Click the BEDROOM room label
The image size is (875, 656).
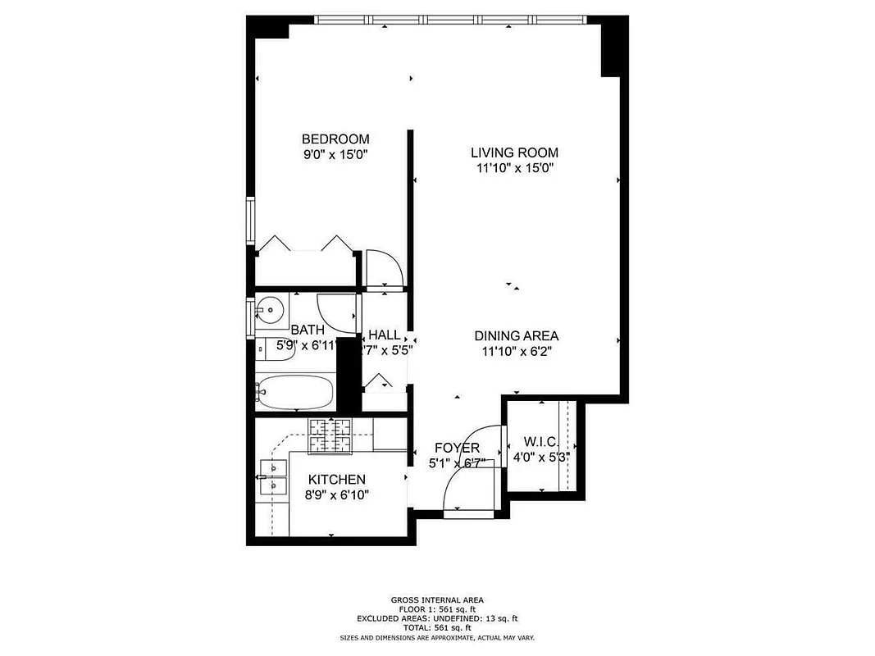335,139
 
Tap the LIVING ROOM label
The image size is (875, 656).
514,153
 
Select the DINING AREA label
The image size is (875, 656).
516,335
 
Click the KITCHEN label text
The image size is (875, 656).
336,479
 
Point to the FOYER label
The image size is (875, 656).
457,448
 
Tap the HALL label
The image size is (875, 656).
384,335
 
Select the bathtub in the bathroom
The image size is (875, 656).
295,393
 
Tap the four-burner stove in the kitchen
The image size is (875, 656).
330,435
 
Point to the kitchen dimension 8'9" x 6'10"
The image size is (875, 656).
336,494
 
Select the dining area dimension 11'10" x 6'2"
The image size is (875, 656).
516,351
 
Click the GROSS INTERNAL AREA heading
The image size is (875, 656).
437,600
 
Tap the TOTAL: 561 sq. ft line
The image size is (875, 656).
437,627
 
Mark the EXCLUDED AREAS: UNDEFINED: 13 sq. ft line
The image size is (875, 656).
437,618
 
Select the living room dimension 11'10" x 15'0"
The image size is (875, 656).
514,168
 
